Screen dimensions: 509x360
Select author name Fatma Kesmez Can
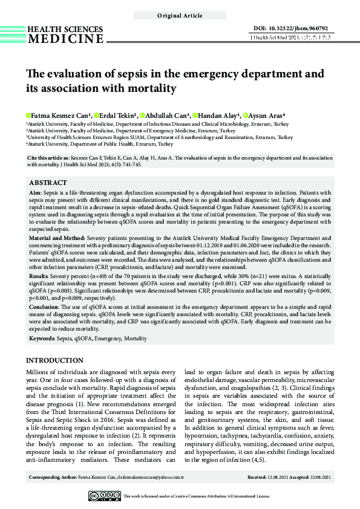pos(51,115)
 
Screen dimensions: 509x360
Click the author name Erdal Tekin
pos(116,115)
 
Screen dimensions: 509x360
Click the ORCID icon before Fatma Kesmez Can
pos(28,115)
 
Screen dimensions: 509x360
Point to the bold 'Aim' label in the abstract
pos(35,192)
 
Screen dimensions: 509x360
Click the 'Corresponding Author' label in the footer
pos(54,478)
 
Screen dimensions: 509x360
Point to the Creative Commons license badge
pos(105,496)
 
